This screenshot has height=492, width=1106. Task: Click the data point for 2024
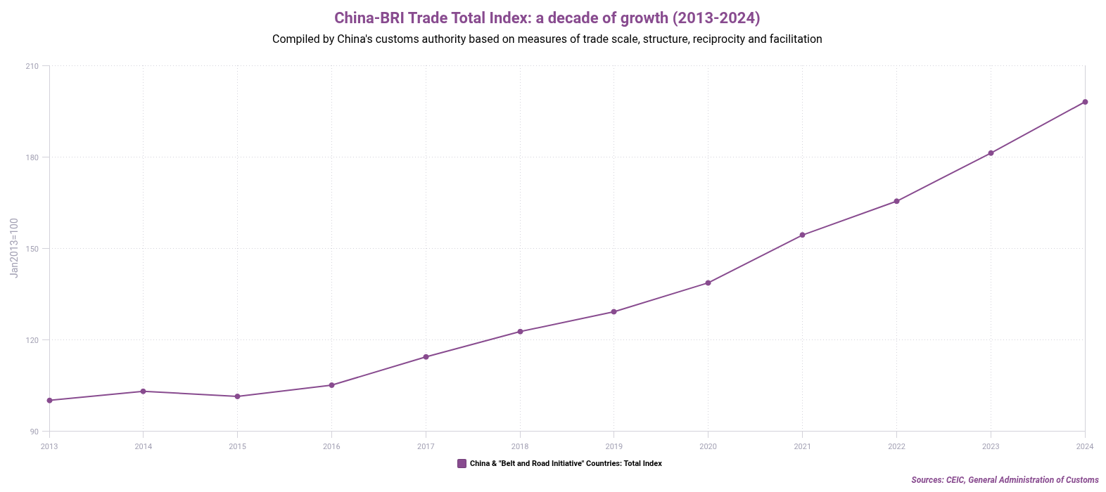(x=1085, y=102)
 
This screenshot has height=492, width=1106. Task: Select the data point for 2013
(x=49, y=401)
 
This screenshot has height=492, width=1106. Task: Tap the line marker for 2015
(x=237, y=396)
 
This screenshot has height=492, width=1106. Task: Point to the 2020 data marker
(x=708, y=283)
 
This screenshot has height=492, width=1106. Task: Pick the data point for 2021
(x=802, y=235)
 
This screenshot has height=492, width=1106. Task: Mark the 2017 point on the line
(x=426, y=357)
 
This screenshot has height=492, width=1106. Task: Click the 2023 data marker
(x=991, y=153)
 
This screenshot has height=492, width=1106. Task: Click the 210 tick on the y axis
(x=32, y=66)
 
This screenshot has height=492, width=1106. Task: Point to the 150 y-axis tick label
(x=32, y=249)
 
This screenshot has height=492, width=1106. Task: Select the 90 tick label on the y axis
(x=34, y=432)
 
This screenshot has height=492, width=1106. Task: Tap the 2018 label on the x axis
(x=520, y=446)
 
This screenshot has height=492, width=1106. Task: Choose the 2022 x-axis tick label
(x=896, y=446)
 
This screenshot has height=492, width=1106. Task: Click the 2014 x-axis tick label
(x=144, y=446)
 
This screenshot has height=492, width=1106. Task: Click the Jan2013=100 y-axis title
(x=14, y=247)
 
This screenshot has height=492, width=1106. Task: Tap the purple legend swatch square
(x=462, y=463)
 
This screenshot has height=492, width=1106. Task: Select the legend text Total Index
(x=642, y=464)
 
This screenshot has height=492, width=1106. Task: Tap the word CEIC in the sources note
(x=955, y=480)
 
